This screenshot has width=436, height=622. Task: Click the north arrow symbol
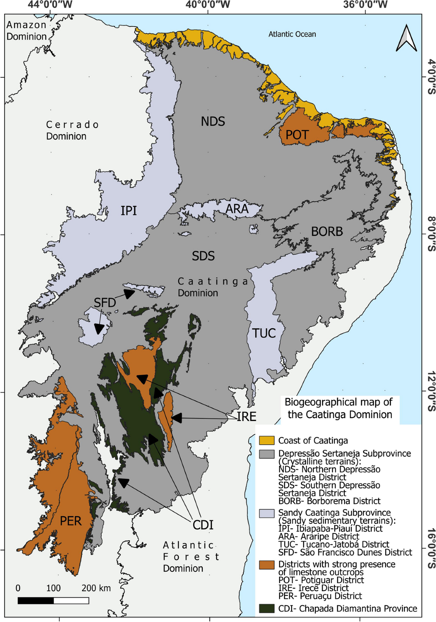(406, 38)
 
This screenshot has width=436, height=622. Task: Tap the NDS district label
(213, 121)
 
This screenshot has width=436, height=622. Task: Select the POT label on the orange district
(297, 135)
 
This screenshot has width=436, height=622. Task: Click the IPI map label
(129, 210)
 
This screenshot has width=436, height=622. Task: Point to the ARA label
(237, 209)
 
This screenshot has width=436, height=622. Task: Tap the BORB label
(327, 231)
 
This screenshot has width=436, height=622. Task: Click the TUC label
(264, 333)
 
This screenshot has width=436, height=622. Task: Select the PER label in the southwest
(70, 521)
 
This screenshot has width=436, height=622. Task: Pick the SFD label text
(105, 302)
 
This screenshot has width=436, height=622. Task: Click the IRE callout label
(247, 417)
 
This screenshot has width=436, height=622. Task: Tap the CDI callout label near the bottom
(203, 525)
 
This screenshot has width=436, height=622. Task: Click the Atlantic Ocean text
(292, 34)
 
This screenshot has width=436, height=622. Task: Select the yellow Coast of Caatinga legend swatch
(266, 440)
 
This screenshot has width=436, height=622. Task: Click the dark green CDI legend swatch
(266, 609)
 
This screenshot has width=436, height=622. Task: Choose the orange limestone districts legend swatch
(266, 565)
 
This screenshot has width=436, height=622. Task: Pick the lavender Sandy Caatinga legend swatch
(266, 513)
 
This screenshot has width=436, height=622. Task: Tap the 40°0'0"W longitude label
(207, 5)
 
